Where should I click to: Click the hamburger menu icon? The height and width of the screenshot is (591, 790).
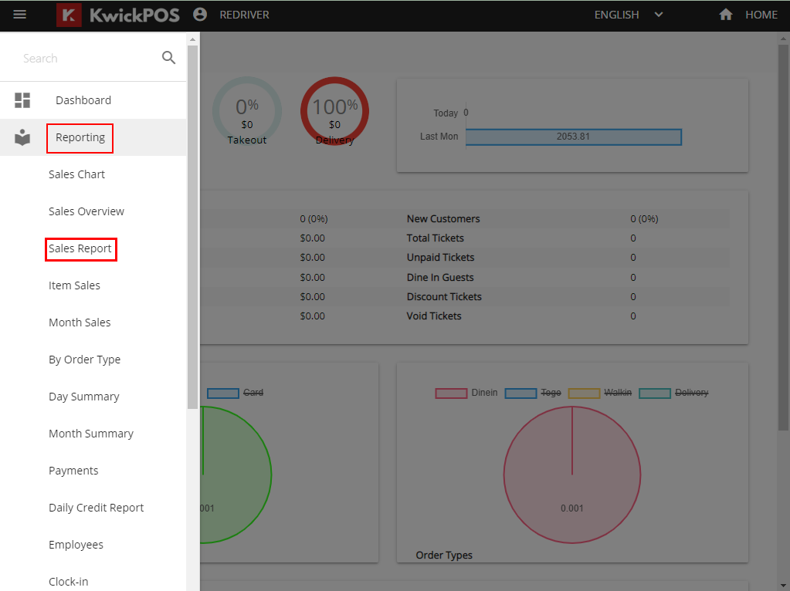[x=20, y=15]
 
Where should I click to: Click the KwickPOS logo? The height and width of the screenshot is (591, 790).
[x=118, y=15]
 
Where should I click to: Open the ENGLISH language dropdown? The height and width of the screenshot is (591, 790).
[x=629, y=15]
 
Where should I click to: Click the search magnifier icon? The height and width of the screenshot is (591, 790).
[x=168, y=58]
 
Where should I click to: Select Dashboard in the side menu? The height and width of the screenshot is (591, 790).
[x=83, y=100]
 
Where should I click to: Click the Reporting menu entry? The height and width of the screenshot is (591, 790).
[x=80, y=137]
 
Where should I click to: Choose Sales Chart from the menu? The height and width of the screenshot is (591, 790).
[x=76, y=174]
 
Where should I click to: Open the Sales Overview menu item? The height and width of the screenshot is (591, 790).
[x=86, y=211]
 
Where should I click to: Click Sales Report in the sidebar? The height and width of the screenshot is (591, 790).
[x=80, y=248]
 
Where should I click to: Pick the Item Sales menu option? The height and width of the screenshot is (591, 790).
[x=74, y=285]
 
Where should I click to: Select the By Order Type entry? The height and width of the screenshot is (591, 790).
[x=84, y=360]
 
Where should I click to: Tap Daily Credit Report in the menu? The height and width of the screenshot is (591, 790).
[x=96, y=508]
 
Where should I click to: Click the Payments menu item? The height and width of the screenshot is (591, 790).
[x=73, y=471]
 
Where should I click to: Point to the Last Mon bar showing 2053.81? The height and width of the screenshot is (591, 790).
[x=573, y=137]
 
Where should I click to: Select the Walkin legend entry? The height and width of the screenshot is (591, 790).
[x=600, y=393]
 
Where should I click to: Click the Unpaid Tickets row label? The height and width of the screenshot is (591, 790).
[x=440, y=258]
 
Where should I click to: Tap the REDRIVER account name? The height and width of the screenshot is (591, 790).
[x=244, y=15]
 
